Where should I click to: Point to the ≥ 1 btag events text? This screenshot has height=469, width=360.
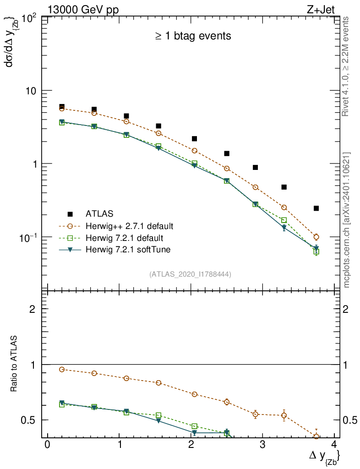click(x=193, y=36)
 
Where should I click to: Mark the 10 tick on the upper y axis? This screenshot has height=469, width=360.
click(x=32, y=91)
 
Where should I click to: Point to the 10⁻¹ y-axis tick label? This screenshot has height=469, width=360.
click(x=28, y=237)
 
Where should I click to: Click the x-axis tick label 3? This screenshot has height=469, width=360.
click(x=262, y=445)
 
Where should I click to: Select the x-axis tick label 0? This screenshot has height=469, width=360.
click(x=47, y=445)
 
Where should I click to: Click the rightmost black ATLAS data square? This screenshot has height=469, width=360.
click(x=316, y=208)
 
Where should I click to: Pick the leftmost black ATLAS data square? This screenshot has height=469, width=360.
click(x=62, y=107)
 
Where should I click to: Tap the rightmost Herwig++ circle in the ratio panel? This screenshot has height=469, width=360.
click(x=316, y=436)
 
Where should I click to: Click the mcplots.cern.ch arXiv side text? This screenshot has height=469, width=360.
click(x=347, y=219)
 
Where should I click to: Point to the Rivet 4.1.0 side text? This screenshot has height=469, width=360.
click(x=347, y=66)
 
